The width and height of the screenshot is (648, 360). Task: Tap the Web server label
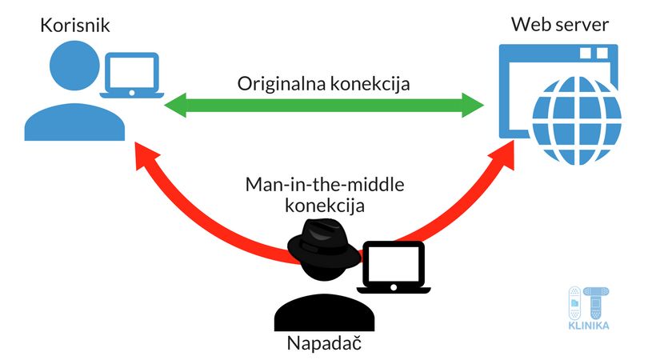pos(560,27)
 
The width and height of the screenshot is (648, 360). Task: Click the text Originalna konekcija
pos(324,83)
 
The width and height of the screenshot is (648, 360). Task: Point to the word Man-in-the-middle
pos(324,186)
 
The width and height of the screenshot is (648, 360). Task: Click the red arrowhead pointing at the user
pos(149,157)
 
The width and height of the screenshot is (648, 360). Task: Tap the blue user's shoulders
pos(74,120)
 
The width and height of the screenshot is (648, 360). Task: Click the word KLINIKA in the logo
pos(589,325)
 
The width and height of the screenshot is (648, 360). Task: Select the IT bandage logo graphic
pos(589,302)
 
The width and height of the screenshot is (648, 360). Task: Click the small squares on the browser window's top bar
pos(596,54)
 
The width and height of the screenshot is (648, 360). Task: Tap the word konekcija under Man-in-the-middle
pos(324,206)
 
